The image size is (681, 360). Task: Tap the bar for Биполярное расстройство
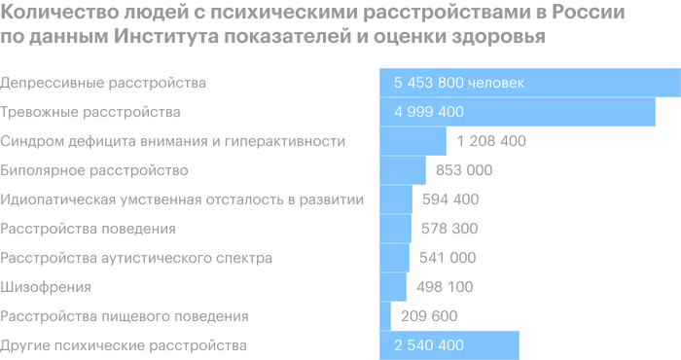pos(403,170)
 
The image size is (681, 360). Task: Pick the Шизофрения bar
pos(393,287)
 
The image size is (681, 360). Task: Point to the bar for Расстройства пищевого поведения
pos(385,316)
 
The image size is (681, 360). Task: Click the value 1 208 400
pos(490,141)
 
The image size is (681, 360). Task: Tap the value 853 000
pos(466,170)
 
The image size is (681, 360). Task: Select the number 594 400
pos(451,199)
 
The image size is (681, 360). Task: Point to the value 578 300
pos(450,229)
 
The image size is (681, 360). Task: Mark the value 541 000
pos(448,258)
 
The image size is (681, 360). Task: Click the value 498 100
pos(444,287)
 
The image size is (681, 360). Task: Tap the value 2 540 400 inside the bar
pos(429,345)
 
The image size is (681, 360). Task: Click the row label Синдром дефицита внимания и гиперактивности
pos(173,141)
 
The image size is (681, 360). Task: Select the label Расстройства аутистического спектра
pos(137,258)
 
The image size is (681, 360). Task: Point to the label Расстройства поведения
pos(89,229)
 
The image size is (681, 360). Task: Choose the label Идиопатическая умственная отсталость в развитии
pos(183,199)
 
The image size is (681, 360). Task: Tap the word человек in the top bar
pos(496,83)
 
